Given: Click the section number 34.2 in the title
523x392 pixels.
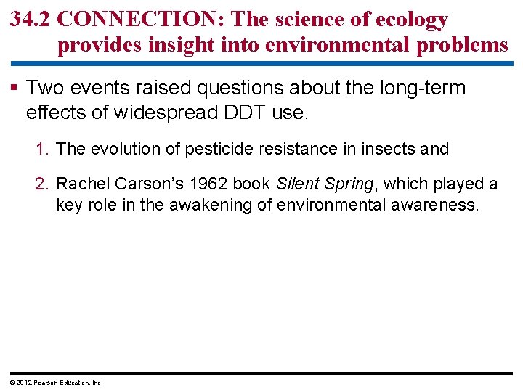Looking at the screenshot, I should [x=31, y=20].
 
